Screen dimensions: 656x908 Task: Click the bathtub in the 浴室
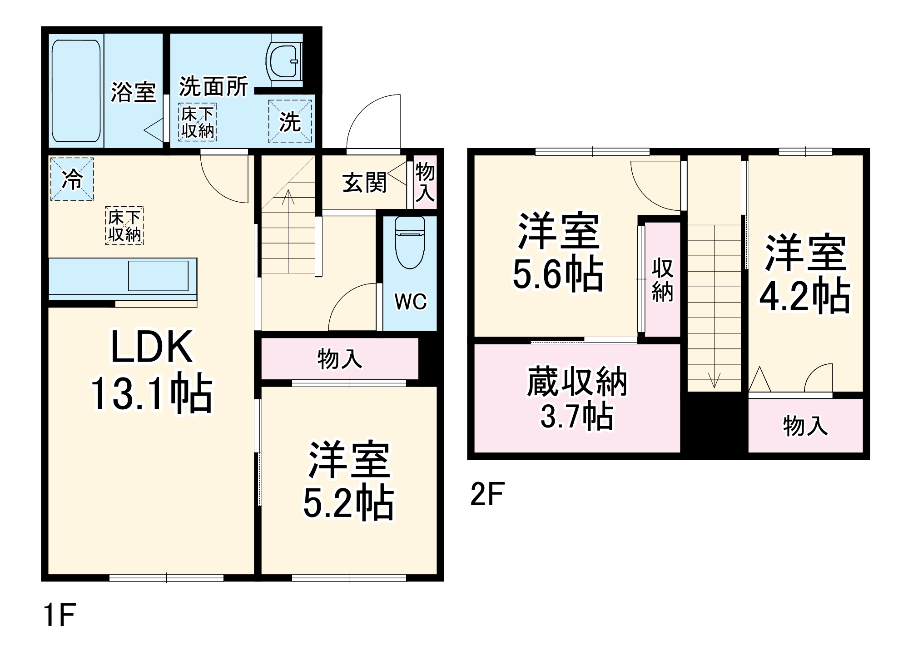(x=76, y=91)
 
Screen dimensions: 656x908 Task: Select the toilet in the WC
(x=410, y=242)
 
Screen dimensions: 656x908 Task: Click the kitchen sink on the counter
(x=158, y=275)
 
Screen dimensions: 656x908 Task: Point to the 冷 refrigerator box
(x=72, y=179)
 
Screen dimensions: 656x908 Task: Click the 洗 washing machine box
(x=290, y=121)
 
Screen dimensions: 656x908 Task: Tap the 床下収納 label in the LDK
(x=124, y=226)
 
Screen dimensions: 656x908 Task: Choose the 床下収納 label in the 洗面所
(x=197, y=122)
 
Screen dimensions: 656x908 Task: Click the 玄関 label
(x=364, y=182)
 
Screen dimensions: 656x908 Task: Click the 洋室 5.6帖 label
(x=558, y=253)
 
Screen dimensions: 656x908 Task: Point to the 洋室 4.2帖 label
(x=805, y=273)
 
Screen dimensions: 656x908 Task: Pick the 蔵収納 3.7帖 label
(x=577, y=398)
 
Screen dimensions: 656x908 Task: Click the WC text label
(x=410, y=301)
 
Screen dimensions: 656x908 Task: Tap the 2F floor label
(x=487, y=494)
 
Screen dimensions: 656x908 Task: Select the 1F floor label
(x=60, y=615)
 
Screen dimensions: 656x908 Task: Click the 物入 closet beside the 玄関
(x=425, y=182)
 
